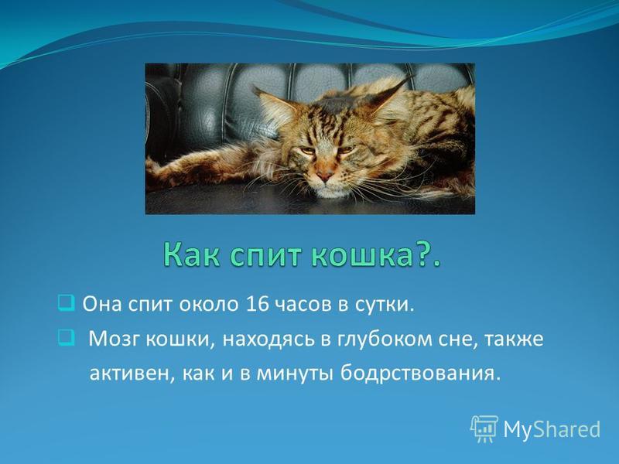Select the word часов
tap(303, 305)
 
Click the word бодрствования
tap(418, 374)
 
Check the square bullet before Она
tap(66, 303)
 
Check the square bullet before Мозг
tap(66, 338)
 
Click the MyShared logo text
tap(552, 428)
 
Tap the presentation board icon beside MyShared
tap(484, 428)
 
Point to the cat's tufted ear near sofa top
tap(391, 94)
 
